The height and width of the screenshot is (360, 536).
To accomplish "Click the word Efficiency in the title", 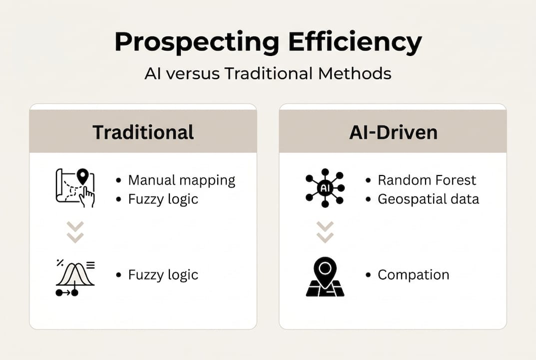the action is [x=355, y=42].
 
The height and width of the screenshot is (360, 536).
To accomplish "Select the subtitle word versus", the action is [x=193, y=73].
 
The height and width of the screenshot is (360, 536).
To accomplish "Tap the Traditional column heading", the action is [x=143, y=132].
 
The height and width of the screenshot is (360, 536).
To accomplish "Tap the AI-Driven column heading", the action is [x=393, y=132].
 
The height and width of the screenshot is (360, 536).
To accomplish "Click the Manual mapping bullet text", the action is [x=181, y=180].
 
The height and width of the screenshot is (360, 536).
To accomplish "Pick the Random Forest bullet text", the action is [x=427, y=180].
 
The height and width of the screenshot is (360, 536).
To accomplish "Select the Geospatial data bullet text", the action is [x=428, y=199].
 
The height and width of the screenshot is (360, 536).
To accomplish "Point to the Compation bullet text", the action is [x=413, y=275].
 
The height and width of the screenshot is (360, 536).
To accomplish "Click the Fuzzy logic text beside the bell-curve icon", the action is [x=163, y=275].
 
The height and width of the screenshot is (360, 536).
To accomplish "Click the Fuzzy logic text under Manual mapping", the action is [x=163, y=199].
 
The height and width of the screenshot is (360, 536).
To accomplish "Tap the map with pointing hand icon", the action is [x=75, y=187].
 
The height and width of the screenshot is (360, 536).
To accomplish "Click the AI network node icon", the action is [x=325, y=188].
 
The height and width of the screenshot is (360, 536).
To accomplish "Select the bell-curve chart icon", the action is [x=75, y=277].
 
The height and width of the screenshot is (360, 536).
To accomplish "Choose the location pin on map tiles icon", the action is [x=325, y=276].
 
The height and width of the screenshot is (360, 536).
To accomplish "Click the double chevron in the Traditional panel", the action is [x=75, y=232].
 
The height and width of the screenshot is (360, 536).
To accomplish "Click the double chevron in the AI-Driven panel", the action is [x=325, y=232].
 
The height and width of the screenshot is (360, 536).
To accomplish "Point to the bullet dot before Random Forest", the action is [x=368, y=180].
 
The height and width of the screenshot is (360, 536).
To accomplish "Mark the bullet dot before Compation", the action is [x=368, y=275].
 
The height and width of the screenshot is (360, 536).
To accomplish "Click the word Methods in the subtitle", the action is [x=355, y=73].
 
